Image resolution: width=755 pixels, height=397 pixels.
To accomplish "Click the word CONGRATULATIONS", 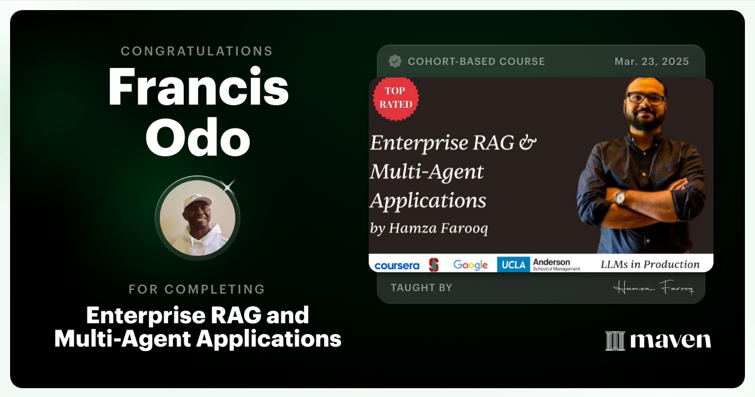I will [x=197, y=51].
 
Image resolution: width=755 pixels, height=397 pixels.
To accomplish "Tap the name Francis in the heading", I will [x=198, y=88].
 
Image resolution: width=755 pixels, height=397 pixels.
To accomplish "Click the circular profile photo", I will [x=198, y=217].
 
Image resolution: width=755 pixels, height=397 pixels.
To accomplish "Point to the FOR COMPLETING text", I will [x=197, y=289].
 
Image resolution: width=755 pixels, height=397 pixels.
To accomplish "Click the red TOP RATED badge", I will [x=396, y=98].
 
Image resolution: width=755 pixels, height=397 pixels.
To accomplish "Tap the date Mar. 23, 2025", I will [x=651, y=62].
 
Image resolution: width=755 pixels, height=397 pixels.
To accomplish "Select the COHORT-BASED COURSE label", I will [x=476, y=62].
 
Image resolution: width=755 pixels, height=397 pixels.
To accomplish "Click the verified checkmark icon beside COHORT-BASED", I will [x=395, y=61].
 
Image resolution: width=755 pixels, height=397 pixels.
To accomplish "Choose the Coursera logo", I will [x=396, y=265].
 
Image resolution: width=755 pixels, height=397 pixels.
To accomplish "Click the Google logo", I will [x=471, y=265].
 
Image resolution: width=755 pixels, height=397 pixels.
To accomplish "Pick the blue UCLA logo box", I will [x=513, y=265].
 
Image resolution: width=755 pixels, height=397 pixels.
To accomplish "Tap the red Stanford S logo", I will [x=433, y=265].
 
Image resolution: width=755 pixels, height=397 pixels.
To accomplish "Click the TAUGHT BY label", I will [x=421, y=288].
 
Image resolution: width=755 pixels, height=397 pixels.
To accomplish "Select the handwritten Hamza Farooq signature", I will [x=653, y=288].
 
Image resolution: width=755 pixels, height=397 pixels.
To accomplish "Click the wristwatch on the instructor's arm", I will [x=620, y=197].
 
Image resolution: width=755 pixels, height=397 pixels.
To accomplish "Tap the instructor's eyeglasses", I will [x=645, y=98].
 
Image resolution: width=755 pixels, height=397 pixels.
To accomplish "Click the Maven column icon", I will [x=615, y=341].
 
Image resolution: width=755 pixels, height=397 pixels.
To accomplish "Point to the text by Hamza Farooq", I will [x=429, y=228].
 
